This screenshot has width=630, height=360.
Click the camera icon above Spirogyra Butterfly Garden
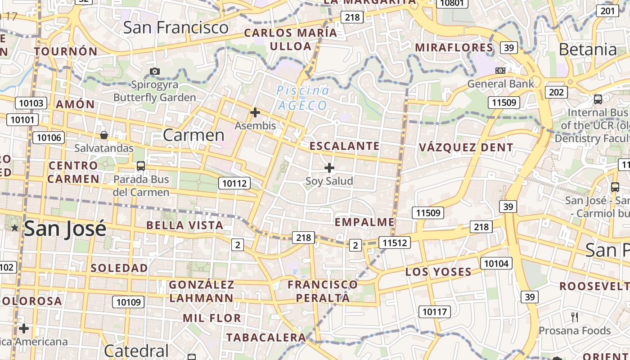pos(155,71)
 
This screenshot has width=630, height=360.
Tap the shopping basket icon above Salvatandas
pos(103,135)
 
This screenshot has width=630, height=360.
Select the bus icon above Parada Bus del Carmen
pos(141,166)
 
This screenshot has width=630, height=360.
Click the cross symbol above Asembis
pos(255,112)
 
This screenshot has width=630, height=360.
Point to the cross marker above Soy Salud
pos(329,168)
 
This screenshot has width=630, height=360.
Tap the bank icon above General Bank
pos(500,71)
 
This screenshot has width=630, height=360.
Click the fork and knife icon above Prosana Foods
pos(575,317)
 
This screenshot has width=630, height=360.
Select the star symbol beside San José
pos(15,228)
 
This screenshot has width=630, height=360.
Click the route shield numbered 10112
pos(234,183)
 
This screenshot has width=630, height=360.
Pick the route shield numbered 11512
pos(395,243)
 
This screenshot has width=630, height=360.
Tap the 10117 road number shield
pos(435,311)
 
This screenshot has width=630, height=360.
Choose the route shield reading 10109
pos(129,302)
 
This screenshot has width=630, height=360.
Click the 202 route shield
pos(556,92)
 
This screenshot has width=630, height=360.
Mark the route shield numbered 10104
pos(496,263)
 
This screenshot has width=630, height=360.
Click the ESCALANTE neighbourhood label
pos(345,146)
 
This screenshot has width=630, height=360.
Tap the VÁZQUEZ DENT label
pos(466,147)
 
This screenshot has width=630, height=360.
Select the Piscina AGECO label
pos(302,98)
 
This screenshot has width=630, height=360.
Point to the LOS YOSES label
pos(438,272)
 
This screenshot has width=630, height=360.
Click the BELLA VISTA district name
pos(185,225)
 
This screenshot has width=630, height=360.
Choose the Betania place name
pos(588,49)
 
